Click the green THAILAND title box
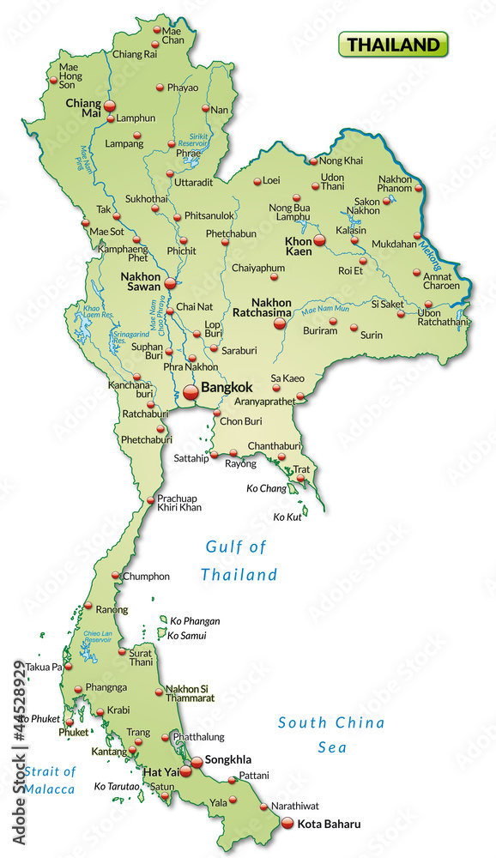tap(394, 44)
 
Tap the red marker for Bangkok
tap(191, 392)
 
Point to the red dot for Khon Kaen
tap(319, 241)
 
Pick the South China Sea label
tap(331, 734)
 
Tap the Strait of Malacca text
tap(49, 780)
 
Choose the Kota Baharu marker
tap(287, 824)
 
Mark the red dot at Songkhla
tap(197, 761)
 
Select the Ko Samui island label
tap(188, 636)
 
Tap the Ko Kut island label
tap(287, 517)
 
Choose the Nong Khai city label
tap(342, 160)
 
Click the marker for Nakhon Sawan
tap(170, 283)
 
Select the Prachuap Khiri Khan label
tap(178, 503)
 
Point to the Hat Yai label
tap(160, 772)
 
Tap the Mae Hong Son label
tap(68, 75)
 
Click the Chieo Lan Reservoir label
tap(98, 635)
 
